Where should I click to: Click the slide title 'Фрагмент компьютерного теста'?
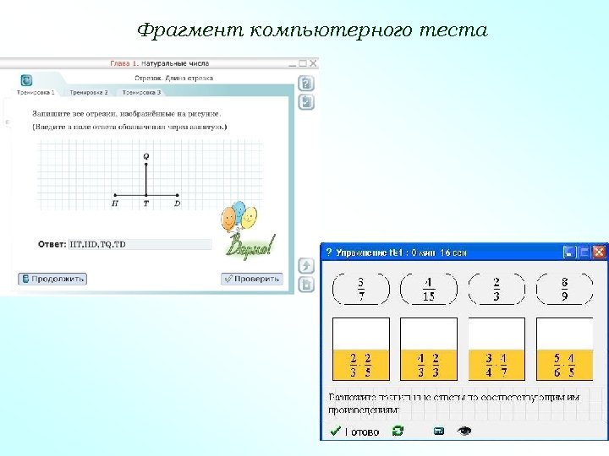[x=312, y=31]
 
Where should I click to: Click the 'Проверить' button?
[x=251, y=279]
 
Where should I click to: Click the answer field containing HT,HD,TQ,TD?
[x=140, y=244]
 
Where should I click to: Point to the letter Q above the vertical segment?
[x=146, y=156]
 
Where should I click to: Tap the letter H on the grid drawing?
[x=115, y=203]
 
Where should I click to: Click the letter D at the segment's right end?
[x=177, y=203]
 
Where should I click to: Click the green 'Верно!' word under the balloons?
[x=250, y=247]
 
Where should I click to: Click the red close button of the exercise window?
[x=599, y=252]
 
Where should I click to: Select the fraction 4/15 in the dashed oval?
[x=428, y=290]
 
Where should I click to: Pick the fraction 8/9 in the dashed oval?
[x=564, y=290]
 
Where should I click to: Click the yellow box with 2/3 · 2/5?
[x=361, y=365]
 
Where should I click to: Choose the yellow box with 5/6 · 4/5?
[x=564, y=365]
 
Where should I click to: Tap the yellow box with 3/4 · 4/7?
[x=497, y=365]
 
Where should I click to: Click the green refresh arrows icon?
[x=398, y=431]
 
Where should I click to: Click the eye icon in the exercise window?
[x=464, y=431]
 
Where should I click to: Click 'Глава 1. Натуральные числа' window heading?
[x=159, y=63]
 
